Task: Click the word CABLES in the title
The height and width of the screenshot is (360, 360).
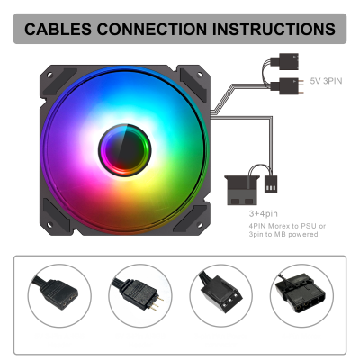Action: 58,29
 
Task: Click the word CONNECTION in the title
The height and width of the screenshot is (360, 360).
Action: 152,29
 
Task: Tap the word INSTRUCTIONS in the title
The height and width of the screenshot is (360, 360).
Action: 274,29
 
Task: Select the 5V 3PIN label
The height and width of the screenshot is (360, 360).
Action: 326,81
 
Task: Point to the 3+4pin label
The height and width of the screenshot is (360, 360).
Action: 264,214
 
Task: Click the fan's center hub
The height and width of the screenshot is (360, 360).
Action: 125,149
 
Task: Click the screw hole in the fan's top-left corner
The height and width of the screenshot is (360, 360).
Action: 49,75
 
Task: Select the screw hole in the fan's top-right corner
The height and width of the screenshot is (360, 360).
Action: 200,74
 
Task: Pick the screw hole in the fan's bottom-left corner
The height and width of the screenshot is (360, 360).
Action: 49,224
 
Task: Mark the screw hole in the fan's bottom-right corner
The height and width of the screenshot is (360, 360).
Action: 200,224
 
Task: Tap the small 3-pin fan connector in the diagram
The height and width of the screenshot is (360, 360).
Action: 271,184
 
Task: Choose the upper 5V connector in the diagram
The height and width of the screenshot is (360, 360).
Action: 284,61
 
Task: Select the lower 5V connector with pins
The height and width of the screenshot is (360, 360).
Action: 287,86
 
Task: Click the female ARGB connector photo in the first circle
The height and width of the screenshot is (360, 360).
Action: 59,294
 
